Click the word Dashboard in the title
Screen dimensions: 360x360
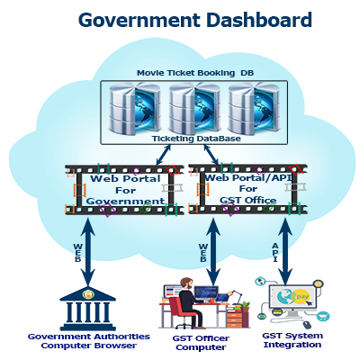coord(259,20)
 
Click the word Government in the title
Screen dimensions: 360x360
coord(139,21)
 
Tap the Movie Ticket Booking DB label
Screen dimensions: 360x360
coord(195,73)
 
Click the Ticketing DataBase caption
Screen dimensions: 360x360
coord(196,139)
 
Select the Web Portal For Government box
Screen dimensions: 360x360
coord(124,190)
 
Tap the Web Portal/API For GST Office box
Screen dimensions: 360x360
coord(247,189)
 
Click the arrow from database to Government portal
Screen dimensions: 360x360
coord(164,155)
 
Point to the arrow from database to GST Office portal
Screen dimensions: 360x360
coord(211,155)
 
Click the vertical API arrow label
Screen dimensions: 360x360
coord(275,252)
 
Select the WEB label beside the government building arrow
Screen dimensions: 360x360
coord(77,252)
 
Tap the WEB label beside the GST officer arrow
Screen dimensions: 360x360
coord(203,252)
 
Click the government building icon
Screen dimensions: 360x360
coord(88,309)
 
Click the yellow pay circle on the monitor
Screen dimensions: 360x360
coord(301,297)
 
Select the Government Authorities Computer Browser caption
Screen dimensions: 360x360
coord(89,341)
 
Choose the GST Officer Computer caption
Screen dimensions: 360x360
coord(201,343)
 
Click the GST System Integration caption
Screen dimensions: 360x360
coord(292,340)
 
